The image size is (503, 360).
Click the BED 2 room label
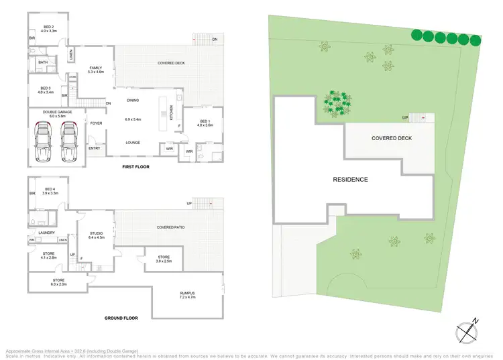click(49, 26)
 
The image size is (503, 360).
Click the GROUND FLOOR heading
click(121, 318)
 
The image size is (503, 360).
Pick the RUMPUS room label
click(187, 293)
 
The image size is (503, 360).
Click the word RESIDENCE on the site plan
click(351, 180)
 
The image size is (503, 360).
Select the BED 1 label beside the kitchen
click(205, 121)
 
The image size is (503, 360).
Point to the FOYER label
click(97, 123)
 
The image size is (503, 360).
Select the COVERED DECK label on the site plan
click(392, 138)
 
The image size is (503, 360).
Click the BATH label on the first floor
click(43, 62)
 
